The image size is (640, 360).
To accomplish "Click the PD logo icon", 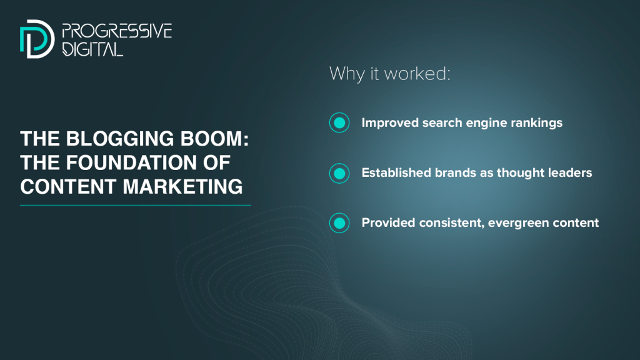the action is tap(37, 39).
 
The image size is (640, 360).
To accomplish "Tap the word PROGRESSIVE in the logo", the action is tap(117, 31).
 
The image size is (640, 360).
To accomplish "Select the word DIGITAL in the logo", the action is tap(92, 49).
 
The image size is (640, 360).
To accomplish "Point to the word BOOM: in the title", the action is tap(215, 139).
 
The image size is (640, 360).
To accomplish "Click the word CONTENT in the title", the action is tap(68, 186).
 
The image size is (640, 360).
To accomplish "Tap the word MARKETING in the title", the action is tap(182, 186).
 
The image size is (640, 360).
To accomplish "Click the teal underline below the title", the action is tap(136, 205).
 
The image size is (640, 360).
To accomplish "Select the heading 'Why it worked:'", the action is tap(390, 74).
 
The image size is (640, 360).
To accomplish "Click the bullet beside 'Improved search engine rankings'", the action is tap(339, 122).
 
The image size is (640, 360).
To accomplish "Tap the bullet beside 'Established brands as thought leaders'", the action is tap(339, 173).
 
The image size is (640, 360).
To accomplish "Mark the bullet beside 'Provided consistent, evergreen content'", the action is tap(339, 223).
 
